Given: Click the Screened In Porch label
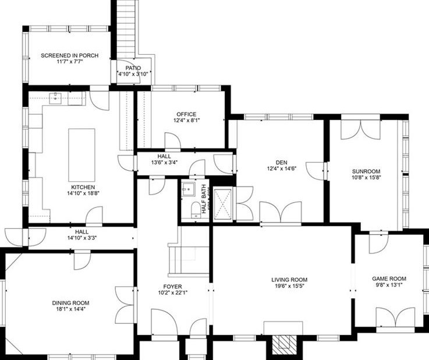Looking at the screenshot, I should (69, 56).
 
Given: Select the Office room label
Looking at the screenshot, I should (186, 114).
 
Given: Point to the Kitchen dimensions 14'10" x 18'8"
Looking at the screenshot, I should (83, 193).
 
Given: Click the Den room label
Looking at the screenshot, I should (282, 163).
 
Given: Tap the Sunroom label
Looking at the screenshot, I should (366, 171).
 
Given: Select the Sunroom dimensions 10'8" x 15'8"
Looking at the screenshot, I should (366, 178).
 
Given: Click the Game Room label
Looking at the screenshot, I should (389, 278).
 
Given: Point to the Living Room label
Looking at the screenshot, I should (289, 280).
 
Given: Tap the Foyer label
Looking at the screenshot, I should (172, 287).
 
